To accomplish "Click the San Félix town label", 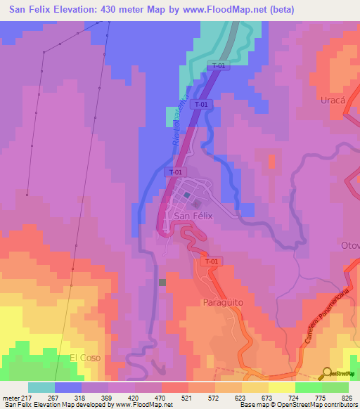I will pyautogui.click(x=193, y=216).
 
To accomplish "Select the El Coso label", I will pyautogui.click(x=84, y=358).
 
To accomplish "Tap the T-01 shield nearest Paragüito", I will pyautogui.click(x=210, y=261).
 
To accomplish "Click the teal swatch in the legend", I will pyautogui.click(x=41, y=387).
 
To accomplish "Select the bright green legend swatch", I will pyautogui.click(x=309, y=387).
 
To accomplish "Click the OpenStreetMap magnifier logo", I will pyautogui.click(x=327, y=374).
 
